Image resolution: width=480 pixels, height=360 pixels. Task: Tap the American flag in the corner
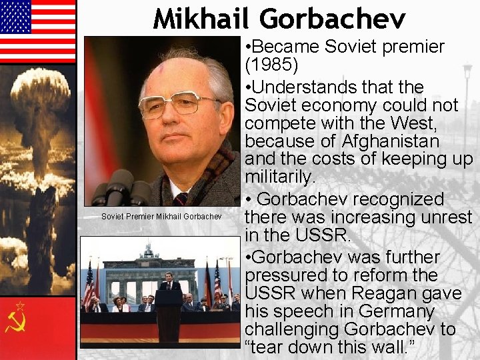coord(37,31)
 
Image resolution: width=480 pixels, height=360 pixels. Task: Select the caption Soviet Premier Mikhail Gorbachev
coord(161,216)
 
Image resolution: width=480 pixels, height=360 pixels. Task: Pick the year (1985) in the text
coord(273,66)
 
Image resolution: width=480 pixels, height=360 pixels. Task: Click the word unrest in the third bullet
coord(439,217)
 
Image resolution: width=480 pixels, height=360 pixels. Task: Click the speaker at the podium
coord(170,283)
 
